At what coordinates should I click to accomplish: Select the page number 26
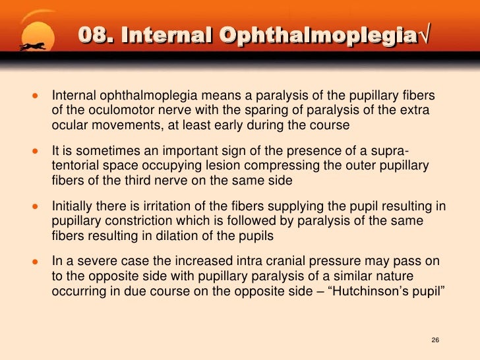point(435,340)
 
